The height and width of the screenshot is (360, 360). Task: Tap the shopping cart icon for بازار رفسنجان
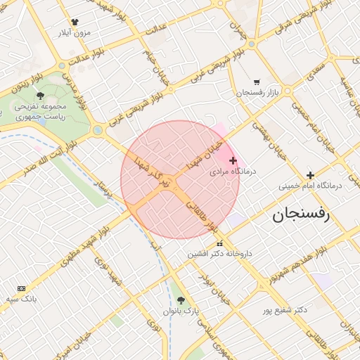click(x=257, y=82)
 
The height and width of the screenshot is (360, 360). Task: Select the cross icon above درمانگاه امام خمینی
click(x=310, y=175)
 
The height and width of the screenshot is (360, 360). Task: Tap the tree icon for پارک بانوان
click(x=181, y=300)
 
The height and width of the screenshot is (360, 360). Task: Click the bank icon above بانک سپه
click(x=21, y=288)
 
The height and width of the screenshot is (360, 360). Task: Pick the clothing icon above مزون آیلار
click(x=75, y=22)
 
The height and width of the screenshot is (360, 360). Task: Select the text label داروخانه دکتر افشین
click(x=219, y=253)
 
